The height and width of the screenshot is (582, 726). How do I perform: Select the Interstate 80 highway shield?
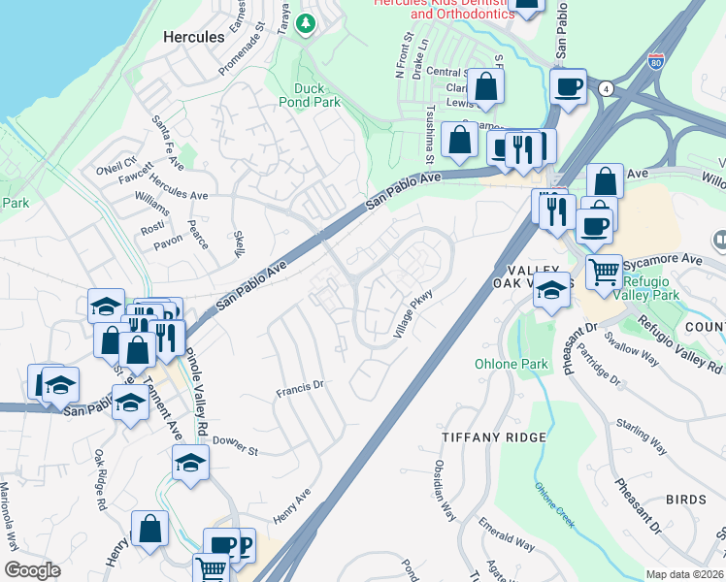[657, 61]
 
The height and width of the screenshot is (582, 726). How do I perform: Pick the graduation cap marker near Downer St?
[191, 465]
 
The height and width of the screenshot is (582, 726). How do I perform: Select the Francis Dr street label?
[299, 387]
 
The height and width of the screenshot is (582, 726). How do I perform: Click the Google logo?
[32, 570]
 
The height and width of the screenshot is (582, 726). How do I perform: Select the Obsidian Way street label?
[444, 492]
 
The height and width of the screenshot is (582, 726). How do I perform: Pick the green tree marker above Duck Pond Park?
[307, 22]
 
